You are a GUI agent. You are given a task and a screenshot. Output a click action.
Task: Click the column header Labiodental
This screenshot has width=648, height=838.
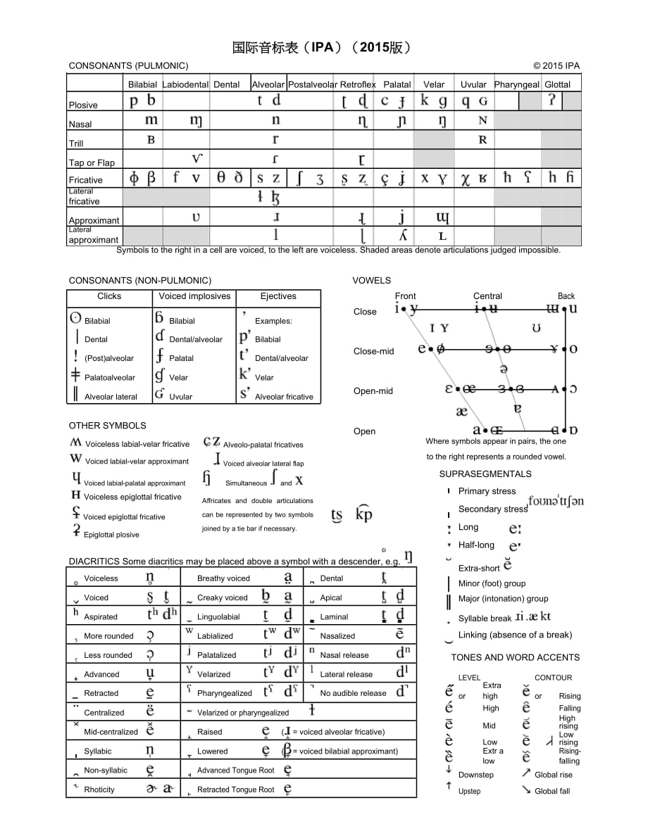coord(185,84)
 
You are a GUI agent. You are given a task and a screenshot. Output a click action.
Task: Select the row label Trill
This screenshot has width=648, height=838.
coord(76,144)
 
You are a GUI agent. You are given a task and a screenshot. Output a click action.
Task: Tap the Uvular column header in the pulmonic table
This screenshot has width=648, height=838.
coord(473,84)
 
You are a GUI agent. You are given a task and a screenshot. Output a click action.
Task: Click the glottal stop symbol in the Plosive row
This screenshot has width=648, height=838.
coord(552,101)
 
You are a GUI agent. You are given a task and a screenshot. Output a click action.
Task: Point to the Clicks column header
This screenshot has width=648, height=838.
coord(109,296)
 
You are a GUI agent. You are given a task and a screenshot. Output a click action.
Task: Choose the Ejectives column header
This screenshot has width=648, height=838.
coord(278,296)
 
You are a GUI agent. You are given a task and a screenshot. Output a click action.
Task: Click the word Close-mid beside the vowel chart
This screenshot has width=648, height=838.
coord(374,351)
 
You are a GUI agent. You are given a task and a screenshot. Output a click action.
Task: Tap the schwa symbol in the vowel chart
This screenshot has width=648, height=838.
coord(503,369)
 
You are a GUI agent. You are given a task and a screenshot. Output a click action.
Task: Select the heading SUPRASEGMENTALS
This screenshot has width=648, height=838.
coord(485,474)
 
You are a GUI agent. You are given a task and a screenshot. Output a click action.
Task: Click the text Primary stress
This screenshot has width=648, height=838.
coord(487,491)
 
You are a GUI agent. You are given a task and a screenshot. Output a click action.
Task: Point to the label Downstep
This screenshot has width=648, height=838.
coord(476,775)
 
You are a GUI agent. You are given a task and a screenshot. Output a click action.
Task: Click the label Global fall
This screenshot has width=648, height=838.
coord(552,791)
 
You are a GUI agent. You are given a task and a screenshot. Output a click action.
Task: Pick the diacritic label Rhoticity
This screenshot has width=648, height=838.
coord(99,789)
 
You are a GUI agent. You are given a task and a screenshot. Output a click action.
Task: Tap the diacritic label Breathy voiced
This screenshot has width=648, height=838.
coord(223,578)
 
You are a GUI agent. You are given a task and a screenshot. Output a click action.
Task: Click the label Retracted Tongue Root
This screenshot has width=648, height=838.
coord(236,789)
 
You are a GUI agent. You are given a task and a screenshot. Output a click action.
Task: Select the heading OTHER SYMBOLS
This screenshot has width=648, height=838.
coord(107,426)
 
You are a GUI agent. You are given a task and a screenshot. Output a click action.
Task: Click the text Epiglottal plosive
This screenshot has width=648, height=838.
coord(111,535)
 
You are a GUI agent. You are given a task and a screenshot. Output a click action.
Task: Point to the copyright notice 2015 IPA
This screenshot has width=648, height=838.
coord(556,66)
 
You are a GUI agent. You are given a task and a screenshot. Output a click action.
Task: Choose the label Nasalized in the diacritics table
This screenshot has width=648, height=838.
coord(337,636)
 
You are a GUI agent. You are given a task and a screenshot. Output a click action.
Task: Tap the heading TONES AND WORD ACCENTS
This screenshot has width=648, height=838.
coord(516,658)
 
